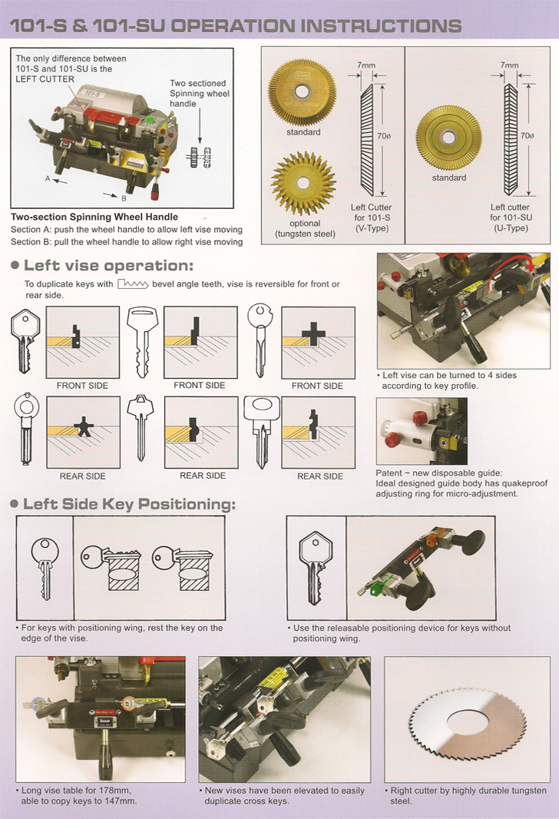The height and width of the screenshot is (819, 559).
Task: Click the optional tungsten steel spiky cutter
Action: click(x=303, y=184)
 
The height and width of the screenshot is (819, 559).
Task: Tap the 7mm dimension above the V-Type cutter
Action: click(x=365, y=65)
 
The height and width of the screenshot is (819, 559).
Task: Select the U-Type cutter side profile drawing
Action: click(x=510, y=140)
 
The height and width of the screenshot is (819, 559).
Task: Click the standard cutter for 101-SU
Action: click(x=448, y=138)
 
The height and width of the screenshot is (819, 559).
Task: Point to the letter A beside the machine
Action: click(x=48, y=179)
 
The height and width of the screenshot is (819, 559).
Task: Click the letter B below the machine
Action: click(x=124, y=198)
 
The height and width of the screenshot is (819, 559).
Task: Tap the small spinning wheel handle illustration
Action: click(x=200, y=157)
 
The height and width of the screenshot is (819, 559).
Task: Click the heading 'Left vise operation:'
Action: click(x=108, y=265)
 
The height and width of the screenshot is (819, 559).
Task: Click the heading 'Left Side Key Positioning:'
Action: click(x=130, y=504)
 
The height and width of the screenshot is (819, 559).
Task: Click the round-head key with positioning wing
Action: click(x=45, y=569)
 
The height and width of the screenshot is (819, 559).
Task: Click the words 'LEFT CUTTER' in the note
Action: click(x=45, y=79)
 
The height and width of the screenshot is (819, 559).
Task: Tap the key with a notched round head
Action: click(x=260, y=340)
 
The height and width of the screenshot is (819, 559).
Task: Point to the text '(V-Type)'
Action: click(x=372, y=228)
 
